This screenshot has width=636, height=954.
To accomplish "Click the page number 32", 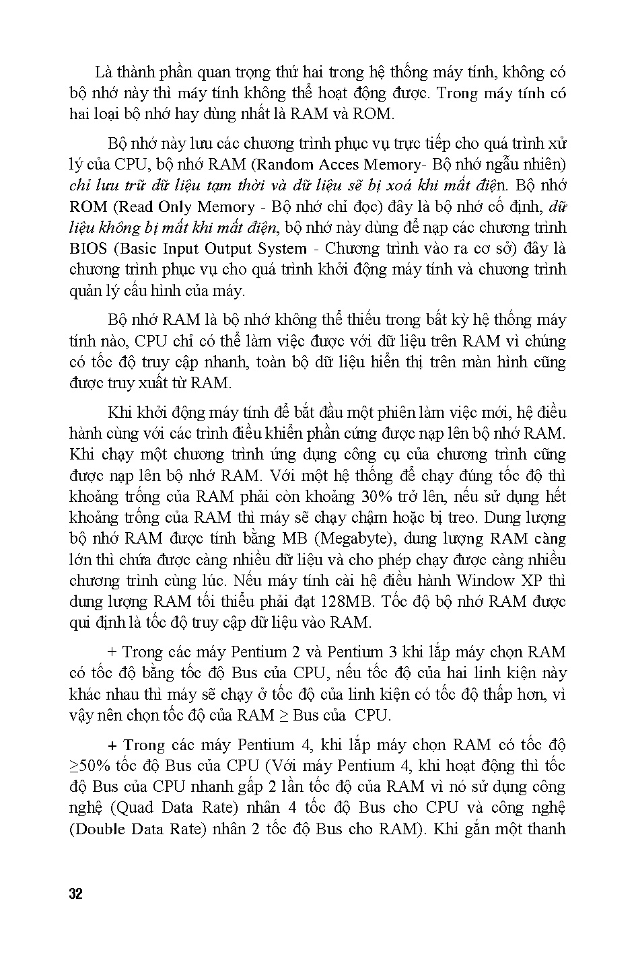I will pos(75,895).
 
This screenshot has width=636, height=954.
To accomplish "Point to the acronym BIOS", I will pos(88,248).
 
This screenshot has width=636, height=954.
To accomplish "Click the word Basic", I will pos(139,248).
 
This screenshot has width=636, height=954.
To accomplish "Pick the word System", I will pos(282,248).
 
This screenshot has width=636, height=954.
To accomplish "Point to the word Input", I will pos(180,248).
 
